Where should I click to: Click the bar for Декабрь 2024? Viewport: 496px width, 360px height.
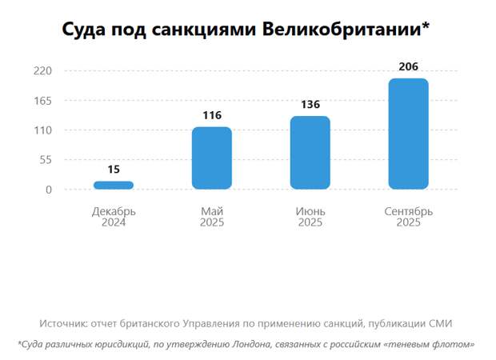coord(114,186)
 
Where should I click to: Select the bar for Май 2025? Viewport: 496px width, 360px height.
coord(212,158)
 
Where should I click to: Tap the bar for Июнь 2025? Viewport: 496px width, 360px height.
coord(310,153)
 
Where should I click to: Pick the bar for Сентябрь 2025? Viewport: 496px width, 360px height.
coord(408,134)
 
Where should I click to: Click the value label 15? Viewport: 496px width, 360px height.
coord(114,170)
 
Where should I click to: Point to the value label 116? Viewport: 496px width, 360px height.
coord(212,116)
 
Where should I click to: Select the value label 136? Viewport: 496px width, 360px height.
coord(310,105)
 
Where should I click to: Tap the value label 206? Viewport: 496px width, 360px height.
coord(408,66)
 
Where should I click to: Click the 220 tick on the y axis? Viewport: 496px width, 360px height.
coord(42,71)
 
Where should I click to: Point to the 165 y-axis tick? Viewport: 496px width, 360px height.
coord(42,101)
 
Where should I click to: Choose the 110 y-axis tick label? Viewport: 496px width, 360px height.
coord(42,130)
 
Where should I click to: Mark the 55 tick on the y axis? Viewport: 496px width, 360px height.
coord(46,160)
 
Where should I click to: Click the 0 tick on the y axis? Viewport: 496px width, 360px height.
coord(49,190)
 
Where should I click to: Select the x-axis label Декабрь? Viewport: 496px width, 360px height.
coord(114,211)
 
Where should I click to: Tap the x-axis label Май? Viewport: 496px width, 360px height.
coord(212,211)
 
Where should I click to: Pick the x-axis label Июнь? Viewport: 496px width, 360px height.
coord(310,211)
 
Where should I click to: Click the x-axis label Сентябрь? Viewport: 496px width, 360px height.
coord(408,211)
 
